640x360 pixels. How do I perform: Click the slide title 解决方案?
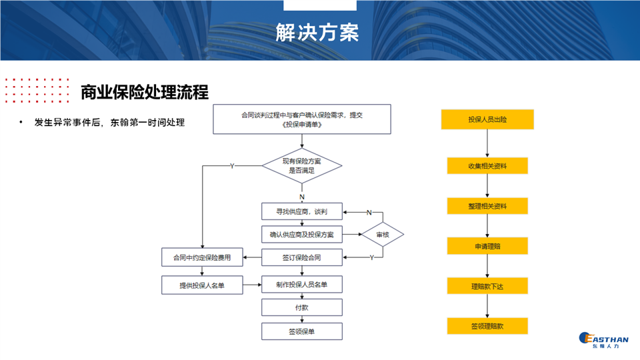click(x=317, y=31)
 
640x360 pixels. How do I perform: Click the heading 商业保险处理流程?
click(x=145, y=93)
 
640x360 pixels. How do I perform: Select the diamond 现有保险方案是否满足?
click(x=301, y=166)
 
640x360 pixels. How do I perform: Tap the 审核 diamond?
click(x=382, y=235)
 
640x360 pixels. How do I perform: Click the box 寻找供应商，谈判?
click(x=301, y=212)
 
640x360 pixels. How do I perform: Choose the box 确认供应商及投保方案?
click(x=301, y=235)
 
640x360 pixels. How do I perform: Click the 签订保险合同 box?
click(x=301, y=257)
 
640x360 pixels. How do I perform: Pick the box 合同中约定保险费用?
click(x=202, y=257)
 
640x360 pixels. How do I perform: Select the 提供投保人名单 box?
click(x=202, y=285)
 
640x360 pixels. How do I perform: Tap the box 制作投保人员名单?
click(x=301, y=285)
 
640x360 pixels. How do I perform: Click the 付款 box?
click(x=301, y=307)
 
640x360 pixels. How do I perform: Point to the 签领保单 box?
click(x=301, y=331)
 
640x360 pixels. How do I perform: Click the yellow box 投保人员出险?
click(x=487, y=120)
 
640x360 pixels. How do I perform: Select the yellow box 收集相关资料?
click(x=487, y=166)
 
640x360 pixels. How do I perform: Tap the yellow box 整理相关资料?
click(x=487, y=206)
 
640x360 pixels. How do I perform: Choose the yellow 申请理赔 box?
click(x=487, y=246)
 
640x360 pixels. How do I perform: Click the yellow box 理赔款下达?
click(x=487, y=286)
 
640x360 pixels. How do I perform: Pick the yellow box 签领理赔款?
click(x=487, y=326)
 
